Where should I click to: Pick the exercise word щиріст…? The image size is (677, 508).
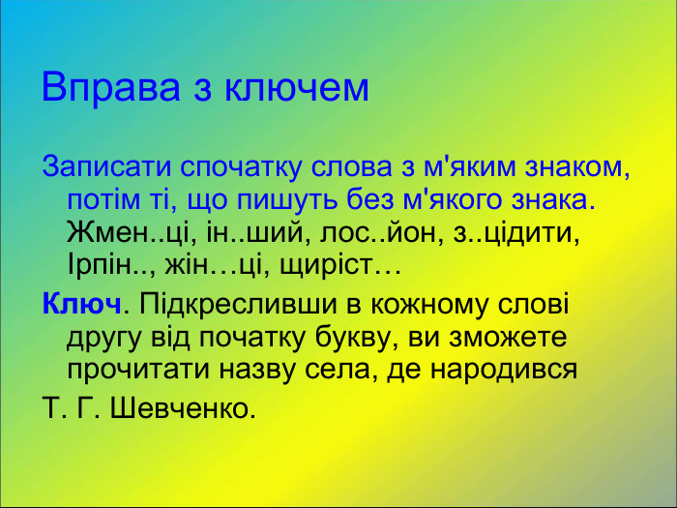coord(339,265)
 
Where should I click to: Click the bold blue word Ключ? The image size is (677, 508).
coord(80,304)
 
